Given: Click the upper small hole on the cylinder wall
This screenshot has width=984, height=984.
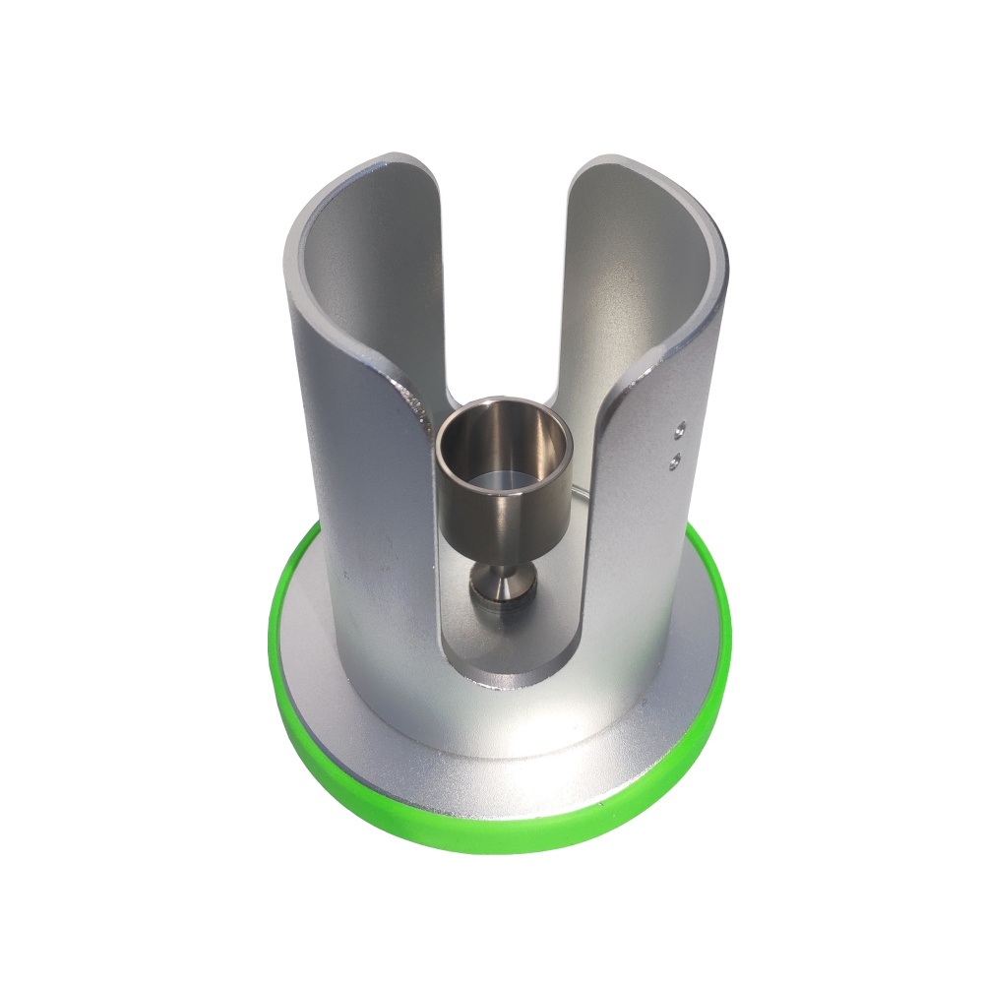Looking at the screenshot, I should point(678,428).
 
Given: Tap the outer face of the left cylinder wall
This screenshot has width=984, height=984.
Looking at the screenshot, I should point(354,492).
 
